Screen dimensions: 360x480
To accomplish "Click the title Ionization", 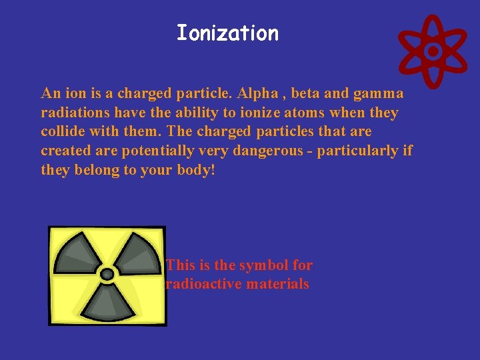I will (x=227, y=33).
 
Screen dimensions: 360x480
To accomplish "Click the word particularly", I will (x=357, y=151).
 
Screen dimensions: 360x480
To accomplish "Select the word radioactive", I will (x=203, y=284).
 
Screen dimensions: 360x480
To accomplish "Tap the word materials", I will (x=277, y=284).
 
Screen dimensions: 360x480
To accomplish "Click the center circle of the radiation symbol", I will (x=107, y=273).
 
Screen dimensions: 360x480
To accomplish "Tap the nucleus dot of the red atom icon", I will (x=433, y=51).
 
